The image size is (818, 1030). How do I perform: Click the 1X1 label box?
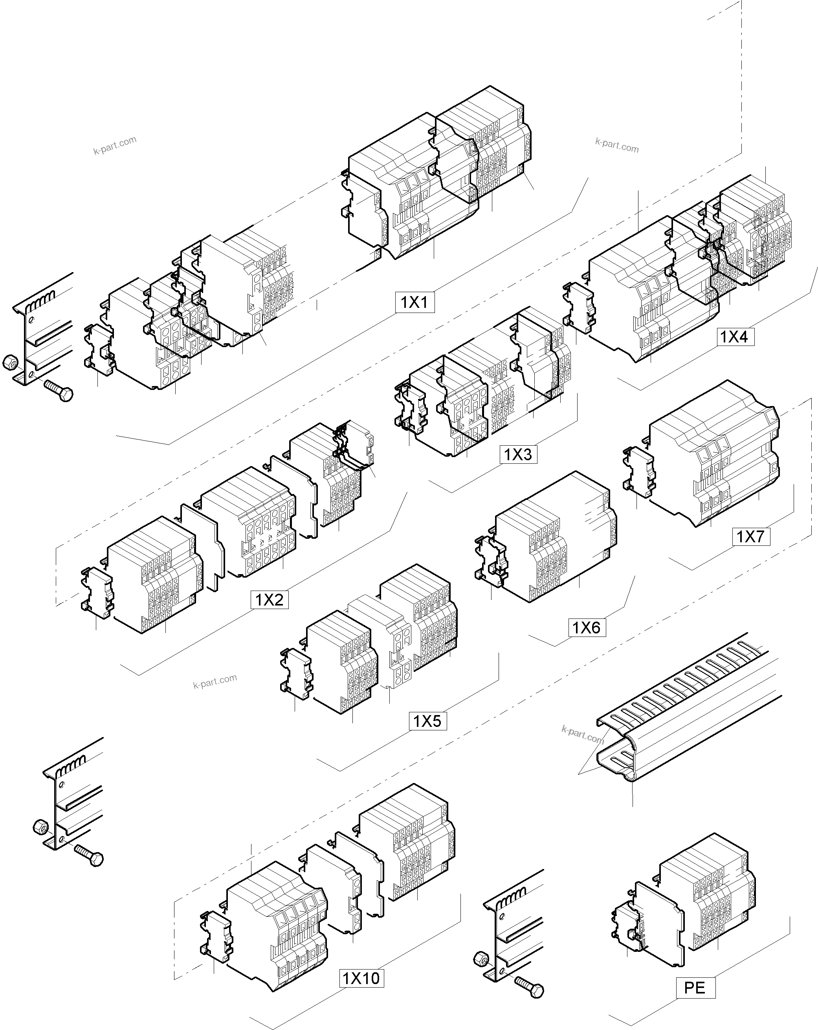click(415, 302)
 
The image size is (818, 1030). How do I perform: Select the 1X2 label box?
click(270, 600)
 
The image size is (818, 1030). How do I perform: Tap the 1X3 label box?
click(518, 454)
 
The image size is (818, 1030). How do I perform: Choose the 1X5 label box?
click(427, 721)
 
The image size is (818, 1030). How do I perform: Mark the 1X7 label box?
click(750, 536)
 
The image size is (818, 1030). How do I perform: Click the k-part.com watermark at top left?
click(115, 146)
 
